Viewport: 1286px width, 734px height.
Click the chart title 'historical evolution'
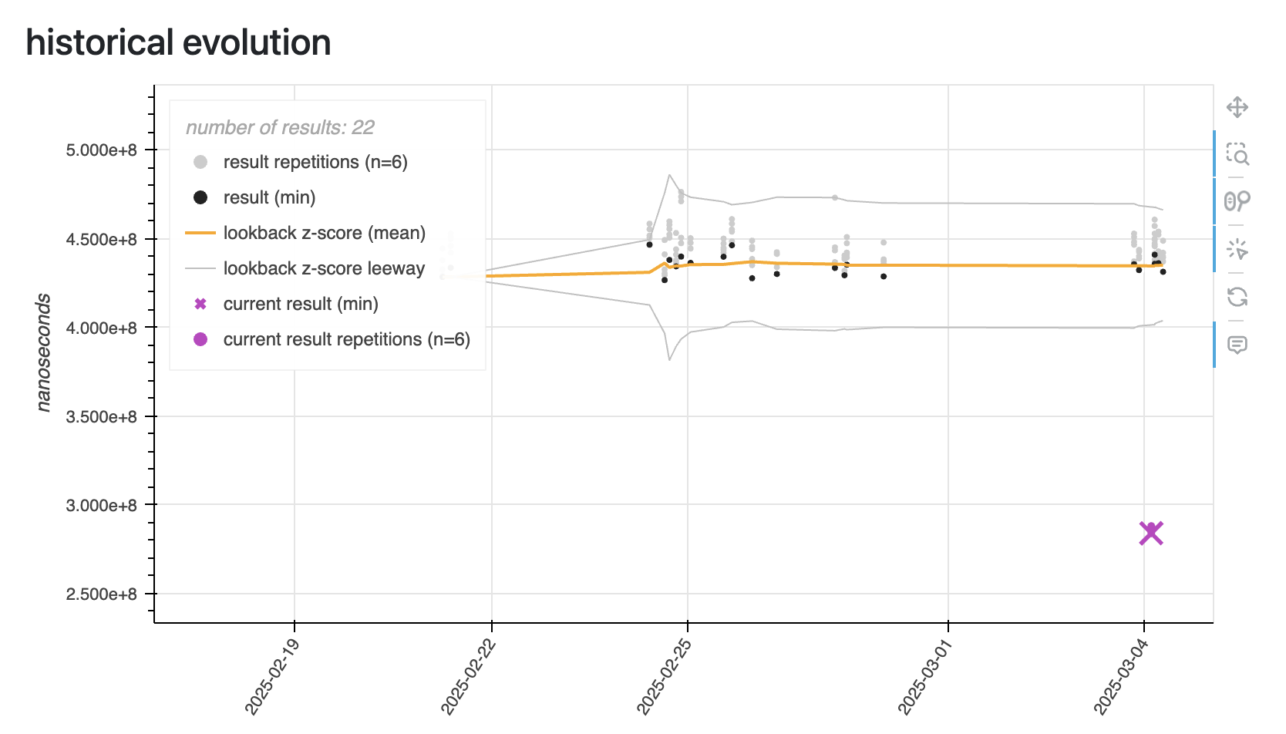178,42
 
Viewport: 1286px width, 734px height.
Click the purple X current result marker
1150,533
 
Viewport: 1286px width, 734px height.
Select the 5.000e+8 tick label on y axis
101,150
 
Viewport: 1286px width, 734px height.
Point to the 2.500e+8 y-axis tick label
101,594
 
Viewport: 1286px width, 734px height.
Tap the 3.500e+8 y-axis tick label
101,417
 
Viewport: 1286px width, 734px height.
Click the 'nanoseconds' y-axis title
43,352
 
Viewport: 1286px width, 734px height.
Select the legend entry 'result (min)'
269,197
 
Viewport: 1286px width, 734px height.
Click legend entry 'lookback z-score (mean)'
324,233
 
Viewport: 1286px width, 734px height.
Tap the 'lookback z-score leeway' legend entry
324,268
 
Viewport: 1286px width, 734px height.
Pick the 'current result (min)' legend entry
301,304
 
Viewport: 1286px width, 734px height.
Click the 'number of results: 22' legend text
280,127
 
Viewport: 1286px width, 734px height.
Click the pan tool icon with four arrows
1237,107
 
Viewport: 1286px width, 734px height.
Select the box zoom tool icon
1237,154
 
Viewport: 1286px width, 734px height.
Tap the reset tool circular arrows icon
1237,297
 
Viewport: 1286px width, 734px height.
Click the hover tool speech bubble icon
1237,345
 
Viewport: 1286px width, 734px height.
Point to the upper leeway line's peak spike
669,175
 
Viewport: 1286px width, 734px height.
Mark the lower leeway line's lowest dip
669,359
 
